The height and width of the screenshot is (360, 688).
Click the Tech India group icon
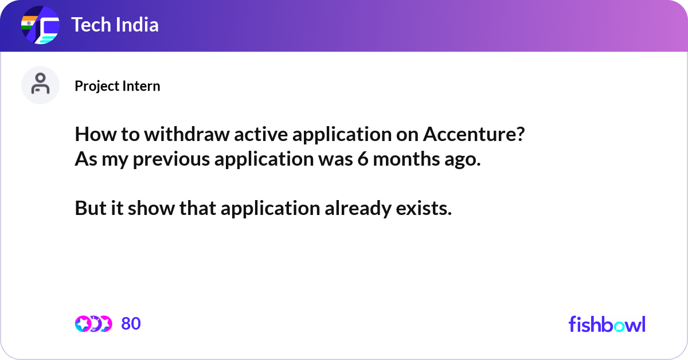[x=40, y=25]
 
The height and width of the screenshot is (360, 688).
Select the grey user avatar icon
[x=40, y=85]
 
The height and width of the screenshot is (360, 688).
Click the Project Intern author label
[x=118, y=86]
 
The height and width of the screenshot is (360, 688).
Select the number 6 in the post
[x=363, y=159]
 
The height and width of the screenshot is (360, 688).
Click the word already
[x=358, y=209]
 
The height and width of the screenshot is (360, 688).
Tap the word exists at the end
[x=424, y=208]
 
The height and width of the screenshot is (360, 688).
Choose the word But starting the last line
[x=91, y=208]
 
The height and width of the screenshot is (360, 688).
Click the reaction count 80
[x=131, y=324]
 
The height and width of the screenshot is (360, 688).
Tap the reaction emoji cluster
[x=93, y=324]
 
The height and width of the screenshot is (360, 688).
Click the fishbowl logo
[x=607, y=324]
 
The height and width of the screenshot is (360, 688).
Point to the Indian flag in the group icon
[x=29, y=23]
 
